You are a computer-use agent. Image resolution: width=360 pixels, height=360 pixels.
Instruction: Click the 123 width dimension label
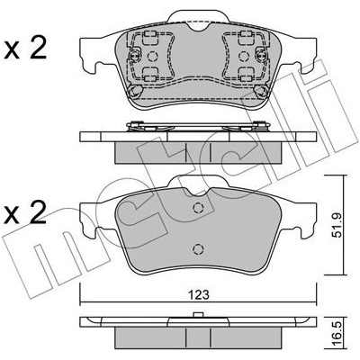[x=200, y=295]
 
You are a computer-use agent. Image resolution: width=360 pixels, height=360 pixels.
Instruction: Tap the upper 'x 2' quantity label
[x=25, y=49]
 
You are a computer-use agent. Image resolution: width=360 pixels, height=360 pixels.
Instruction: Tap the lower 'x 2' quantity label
[x=25, y=212]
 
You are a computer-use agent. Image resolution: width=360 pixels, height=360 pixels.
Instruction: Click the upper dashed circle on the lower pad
[x=198, y=208]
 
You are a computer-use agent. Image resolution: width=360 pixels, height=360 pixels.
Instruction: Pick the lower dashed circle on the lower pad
[x=198, y=248]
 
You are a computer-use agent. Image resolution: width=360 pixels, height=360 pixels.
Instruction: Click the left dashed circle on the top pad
[x=153, y=56]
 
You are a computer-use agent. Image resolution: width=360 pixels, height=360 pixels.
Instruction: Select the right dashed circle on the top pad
[x=243, y=56]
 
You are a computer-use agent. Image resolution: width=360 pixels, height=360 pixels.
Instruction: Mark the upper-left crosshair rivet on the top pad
[x=134, y=56]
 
